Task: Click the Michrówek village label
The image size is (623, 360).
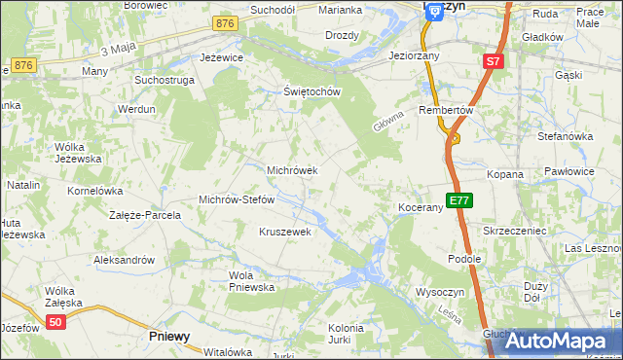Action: coord(292,170)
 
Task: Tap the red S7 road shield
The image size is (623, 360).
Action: coord(493,62)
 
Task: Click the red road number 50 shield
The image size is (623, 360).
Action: coord(56,323)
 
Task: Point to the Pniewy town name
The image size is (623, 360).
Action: coord(169,336)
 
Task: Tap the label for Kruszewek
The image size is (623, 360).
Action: coord(284,232)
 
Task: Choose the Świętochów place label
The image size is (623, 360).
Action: coord(310,92)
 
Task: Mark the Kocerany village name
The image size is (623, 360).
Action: coord(421,208)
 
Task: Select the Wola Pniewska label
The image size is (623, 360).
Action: coord(251,281)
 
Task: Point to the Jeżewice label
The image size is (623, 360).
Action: coord(219,57)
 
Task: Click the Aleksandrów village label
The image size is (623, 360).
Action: coord(124,260)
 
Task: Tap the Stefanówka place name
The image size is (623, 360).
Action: coord(565,136)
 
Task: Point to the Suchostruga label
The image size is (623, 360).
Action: coord(160,81)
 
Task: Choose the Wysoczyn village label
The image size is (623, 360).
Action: coord(442,291)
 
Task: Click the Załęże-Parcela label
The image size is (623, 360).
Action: coord(145,214)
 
